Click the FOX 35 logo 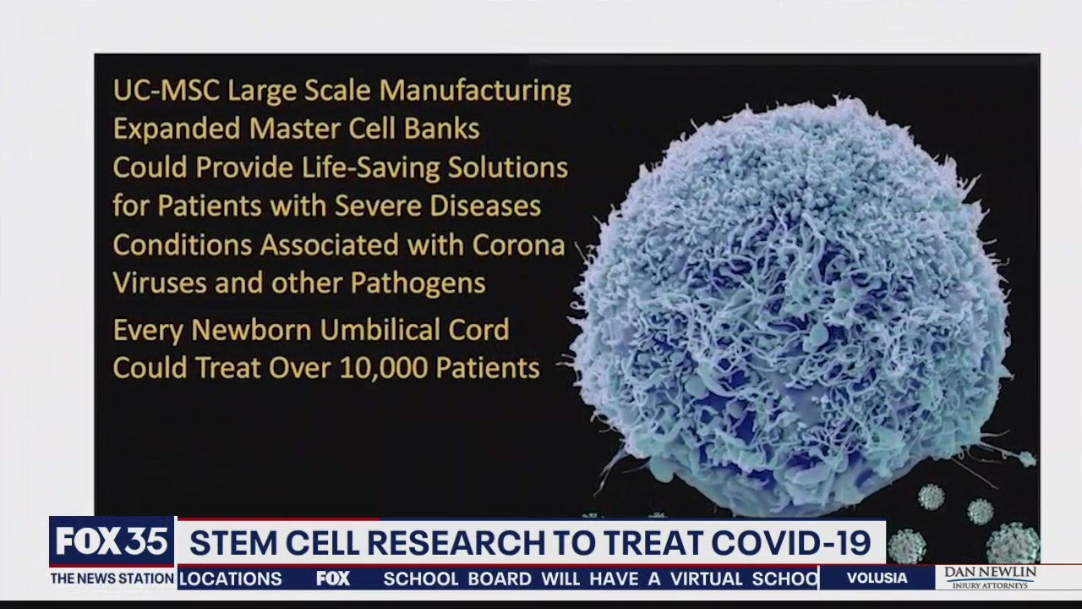(111, 542)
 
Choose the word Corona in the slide (518, 244)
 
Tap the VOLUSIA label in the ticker (877, 579)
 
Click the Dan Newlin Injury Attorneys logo (989, 577)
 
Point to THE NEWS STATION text (112, 579)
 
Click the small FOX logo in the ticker (333, 579)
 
